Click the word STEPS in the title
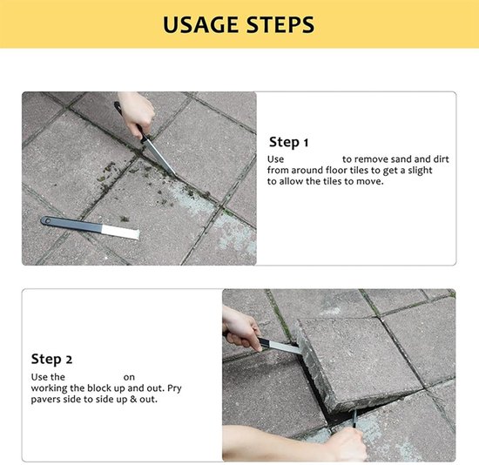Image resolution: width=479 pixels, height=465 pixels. [280, 24]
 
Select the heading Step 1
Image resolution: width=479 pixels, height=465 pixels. [288, 142]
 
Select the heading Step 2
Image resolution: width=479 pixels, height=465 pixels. [51, 360]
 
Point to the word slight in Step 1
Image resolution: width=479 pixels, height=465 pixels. [420, 171]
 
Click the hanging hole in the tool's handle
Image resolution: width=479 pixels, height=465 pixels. [47, 220]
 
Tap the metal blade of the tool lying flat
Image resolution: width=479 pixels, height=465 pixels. [120, 232]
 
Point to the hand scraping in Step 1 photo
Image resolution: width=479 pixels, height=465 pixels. [137, 113]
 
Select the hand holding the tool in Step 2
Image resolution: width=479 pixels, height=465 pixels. [240, 328]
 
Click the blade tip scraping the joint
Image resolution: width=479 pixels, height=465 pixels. [174, 173]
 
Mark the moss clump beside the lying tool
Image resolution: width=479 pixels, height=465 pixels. [124, 219]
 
